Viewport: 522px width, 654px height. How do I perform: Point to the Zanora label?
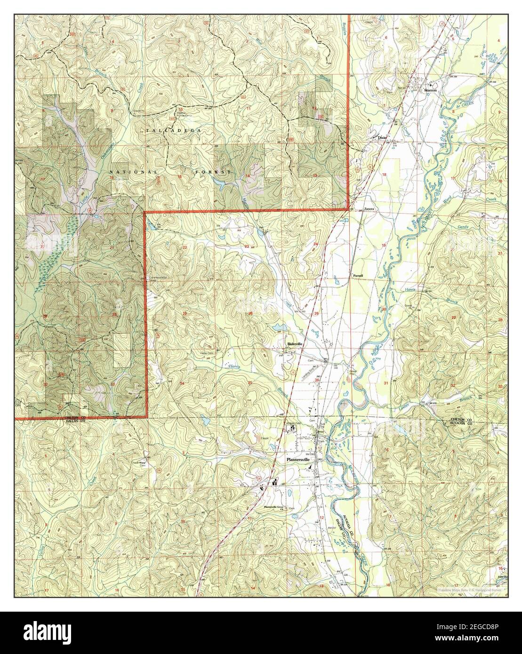[368, 208]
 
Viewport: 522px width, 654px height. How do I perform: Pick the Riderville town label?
[295, 344]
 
